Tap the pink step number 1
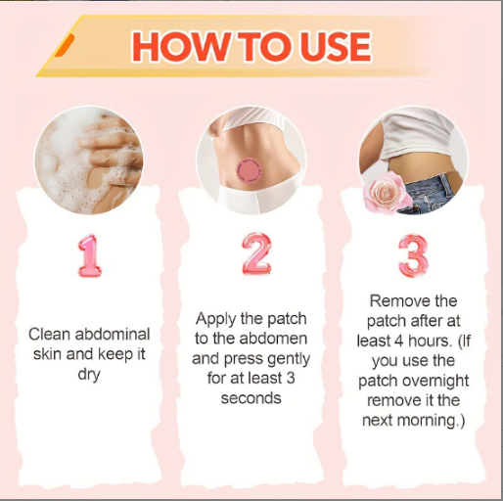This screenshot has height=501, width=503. click(90, 256)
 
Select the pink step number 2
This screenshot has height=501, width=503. click(256, 254)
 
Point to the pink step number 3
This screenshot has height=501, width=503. click(413, 256)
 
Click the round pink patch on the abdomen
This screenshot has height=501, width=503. click(250, 170)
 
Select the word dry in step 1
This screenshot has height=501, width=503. click(89, 375)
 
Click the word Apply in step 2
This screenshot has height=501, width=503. click(215, 319)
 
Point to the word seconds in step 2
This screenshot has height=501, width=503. click(251, 398)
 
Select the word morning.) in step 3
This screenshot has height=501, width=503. click(432, 421)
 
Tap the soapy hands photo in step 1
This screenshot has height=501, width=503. click(89, 159)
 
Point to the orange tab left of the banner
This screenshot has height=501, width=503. click(64, 45)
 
